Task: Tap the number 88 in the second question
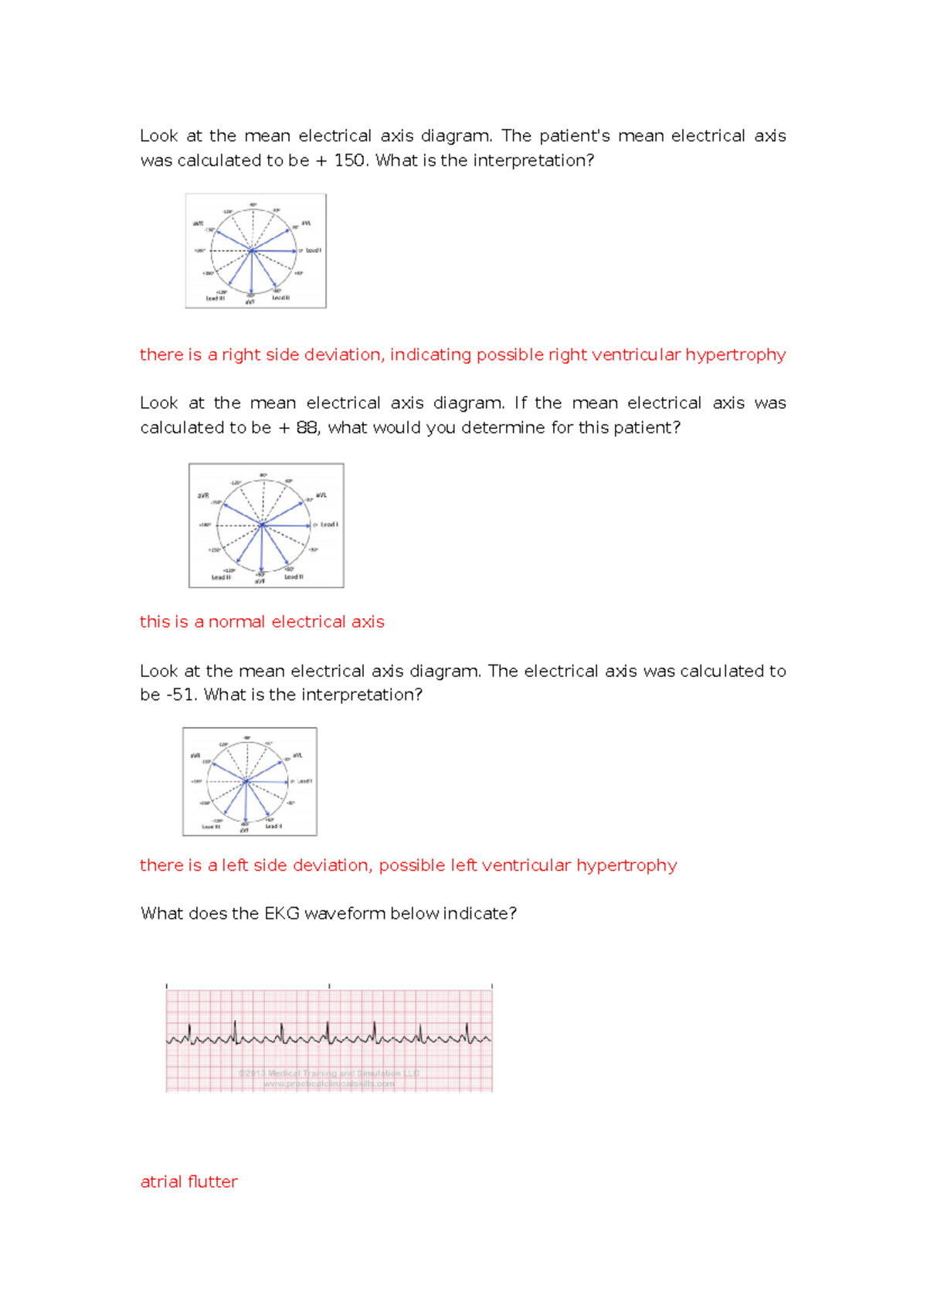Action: pyautogui.click(x=307, y=427)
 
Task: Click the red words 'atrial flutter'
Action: pyautogui.click(x=189, y=1181)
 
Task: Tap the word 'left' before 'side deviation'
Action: pyautogui.click(x=235, y=865)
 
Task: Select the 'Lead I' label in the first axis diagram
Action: pyautogui.click(x=313, y=250)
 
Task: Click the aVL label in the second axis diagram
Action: pyautogui.click(x=321, y=495)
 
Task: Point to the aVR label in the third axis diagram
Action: pyautogui.click(x=195, y=755)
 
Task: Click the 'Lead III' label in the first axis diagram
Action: pyautogui.click(x=216, y=298)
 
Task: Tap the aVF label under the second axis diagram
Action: pyautogui.click(x=260, y=581)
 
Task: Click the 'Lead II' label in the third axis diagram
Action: pyautogui.click(x=273, y=826)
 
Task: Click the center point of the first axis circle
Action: pyautogui.click(x=252, y=250)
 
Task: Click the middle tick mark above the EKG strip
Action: pyautogui.click(x=329, y=986)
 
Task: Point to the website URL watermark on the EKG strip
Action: pyautogui.click(x=329, y=1083)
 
